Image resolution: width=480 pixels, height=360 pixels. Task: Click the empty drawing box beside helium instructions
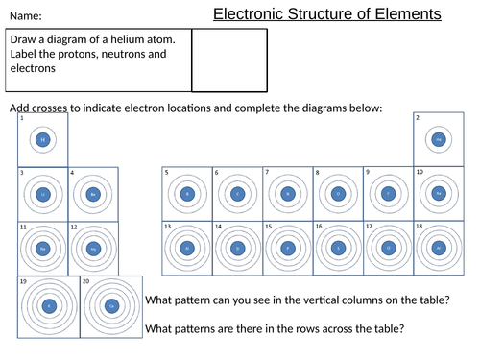point(229,60)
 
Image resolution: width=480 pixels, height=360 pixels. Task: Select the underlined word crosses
point(56,108)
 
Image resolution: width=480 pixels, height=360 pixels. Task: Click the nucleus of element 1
point(42,140)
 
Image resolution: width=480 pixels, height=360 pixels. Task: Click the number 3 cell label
point(21,173)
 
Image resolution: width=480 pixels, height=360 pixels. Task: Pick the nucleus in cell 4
point(93,194)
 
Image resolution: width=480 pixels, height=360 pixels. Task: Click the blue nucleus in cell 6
point(236,194)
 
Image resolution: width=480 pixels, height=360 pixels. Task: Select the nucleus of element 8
point(337,194)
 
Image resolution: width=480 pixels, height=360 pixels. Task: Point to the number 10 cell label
point(419,173)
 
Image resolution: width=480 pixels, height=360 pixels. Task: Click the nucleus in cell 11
point(42,248)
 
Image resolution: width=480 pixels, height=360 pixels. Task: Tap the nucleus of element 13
point(186,248)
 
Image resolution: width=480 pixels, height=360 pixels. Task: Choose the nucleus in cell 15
point(287,248)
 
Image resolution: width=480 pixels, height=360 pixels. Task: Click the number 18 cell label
point(420,227)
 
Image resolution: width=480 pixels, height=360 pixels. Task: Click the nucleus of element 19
point(48,306)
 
